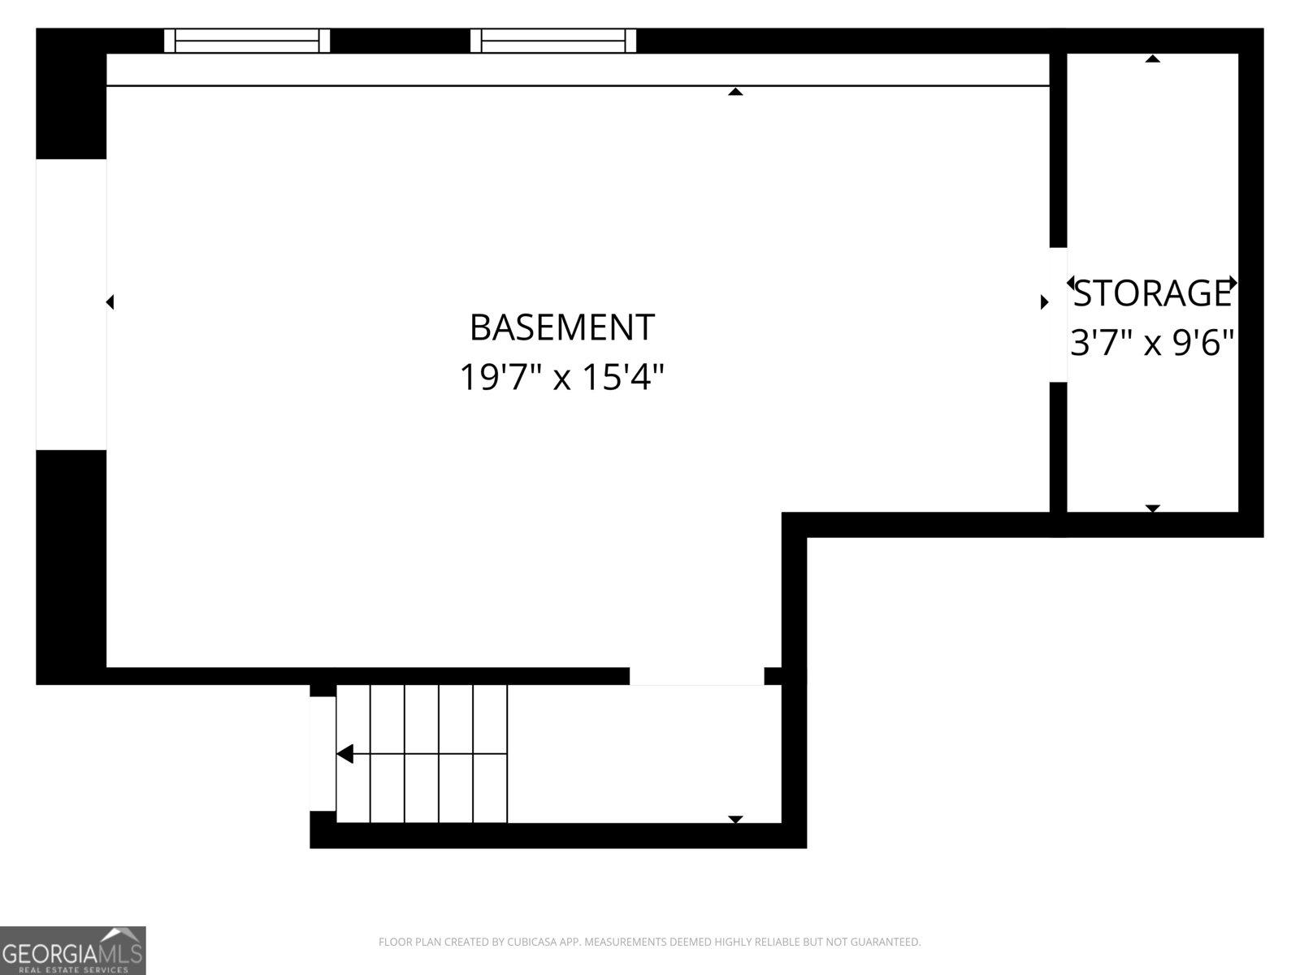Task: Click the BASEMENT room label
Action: (561, 327)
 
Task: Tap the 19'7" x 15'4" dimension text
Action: (561, 377)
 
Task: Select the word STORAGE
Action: (1152, 293)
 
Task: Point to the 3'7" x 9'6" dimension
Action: (1152, 343)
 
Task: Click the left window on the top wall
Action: (247, 41)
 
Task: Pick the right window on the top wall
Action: (553, 41)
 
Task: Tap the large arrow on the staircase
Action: (345, 754)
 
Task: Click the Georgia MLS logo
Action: (73, 950)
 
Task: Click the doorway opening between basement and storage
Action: (1058, 314)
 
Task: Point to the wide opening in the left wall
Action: (71, 304)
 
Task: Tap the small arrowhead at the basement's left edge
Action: (110, 302)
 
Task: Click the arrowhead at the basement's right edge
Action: (1045, 302)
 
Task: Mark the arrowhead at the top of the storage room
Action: (1152, 58)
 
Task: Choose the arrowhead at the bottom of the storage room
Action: (1152, 509)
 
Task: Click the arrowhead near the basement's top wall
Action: (735, 92)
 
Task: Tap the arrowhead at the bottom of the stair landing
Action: (735, 819)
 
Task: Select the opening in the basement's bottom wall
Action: (696, 676)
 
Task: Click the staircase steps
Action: (422, 753)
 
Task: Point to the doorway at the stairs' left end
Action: (323, 753)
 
